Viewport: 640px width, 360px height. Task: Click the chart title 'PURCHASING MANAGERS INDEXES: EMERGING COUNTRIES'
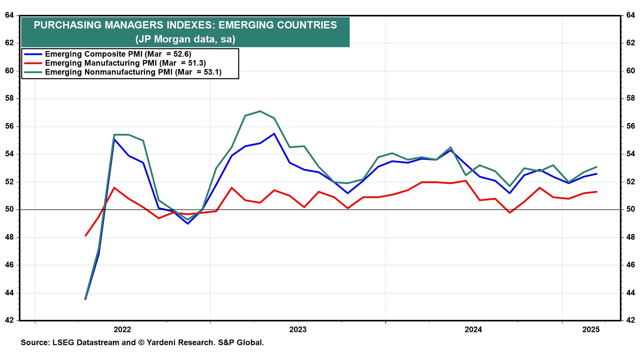tap(185, 25)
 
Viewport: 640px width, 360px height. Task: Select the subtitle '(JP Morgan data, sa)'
tap(185, 39)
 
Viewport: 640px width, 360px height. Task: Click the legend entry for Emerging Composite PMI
tap(118, 54)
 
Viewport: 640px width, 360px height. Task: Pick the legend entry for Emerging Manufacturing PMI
tap(125, 63)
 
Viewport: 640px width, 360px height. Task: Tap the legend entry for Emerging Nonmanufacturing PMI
tap(133, 72)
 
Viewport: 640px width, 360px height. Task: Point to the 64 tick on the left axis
tap(9, 15)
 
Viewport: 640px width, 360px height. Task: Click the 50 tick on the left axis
tap(9, 210)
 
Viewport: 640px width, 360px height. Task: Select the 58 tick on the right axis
tap(630, 99)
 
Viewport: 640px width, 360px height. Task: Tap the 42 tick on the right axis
tap(630, 321)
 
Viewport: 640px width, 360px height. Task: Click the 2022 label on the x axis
tap(122, 330)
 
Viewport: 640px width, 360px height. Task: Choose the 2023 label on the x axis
tap(298, 330)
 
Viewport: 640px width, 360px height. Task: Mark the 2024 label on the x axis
tap(473, 330)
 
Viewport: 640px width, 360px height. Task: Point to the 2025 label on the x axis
tap(591, 330)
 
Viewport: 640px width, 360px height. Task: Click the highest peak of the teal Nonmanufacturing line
tap(260, 111)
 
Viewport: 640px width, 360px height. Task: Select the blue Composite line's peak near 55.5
tap(274, 134)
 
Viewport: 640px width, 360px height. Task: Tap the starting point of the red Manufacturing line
tap(86, 236)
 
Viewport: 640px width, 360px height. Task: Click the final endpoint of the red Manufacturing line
tap(597, 192)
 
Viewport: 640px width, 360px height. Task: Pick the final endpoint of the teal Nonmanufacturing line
tap(597, 167)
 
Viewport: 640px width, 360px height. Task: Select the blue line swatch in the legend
tap(33, 54)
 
